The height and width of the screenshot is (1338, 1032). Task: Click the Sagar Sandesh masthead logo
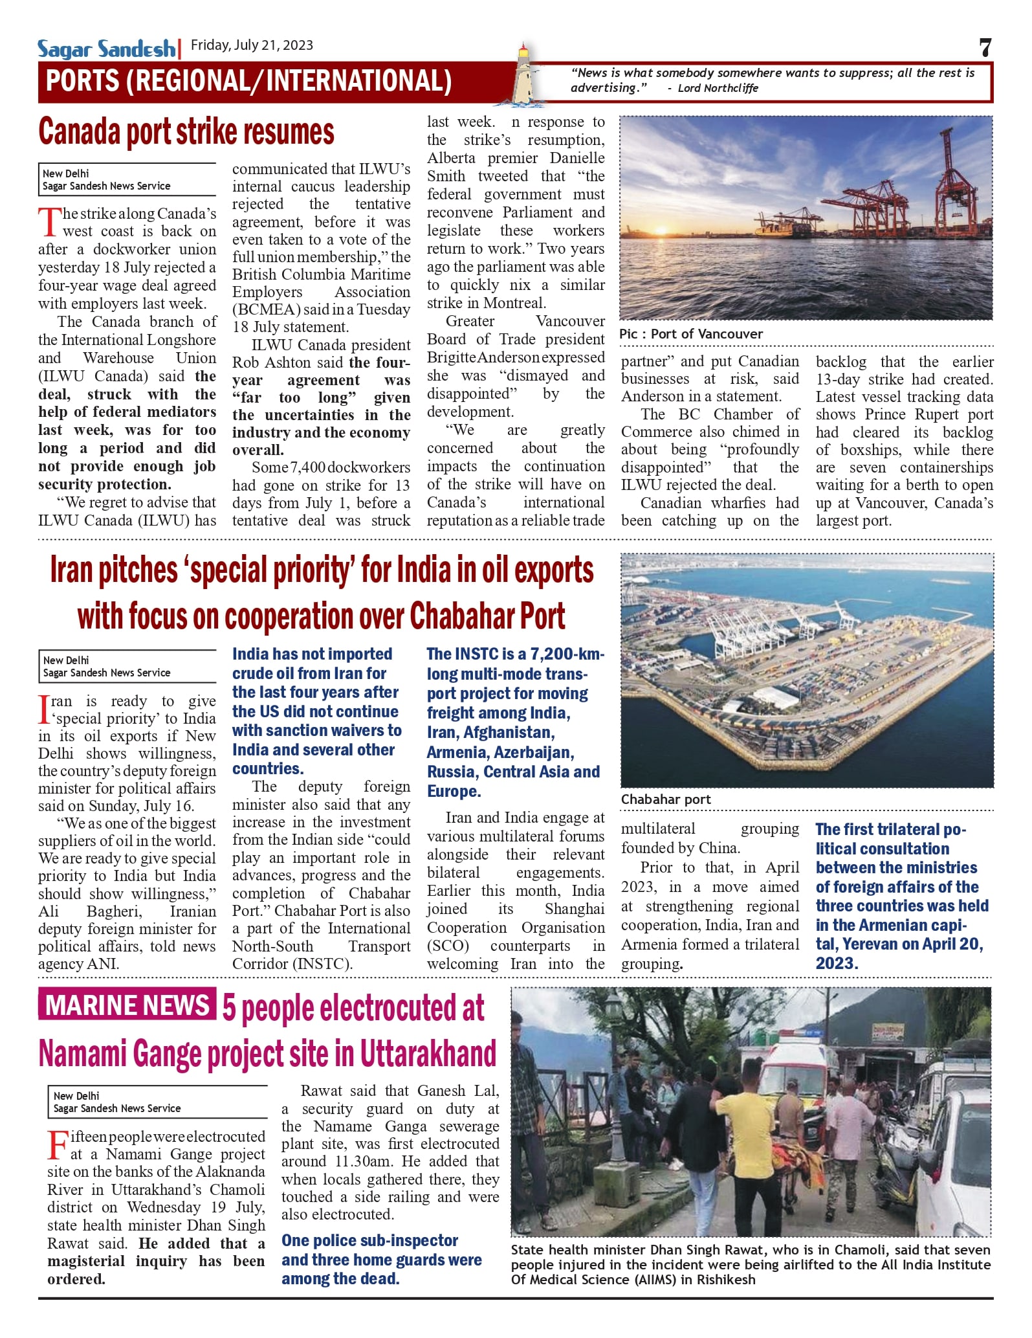[x=105, y=49]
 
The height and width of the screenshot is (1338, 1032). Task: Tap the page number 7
[x=985, y=47]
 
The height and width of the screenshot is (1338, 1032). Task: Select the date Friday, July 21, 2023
[x=252, y=45]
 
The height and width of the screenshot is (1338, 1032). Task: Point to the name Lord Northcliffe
[x=718, y=89]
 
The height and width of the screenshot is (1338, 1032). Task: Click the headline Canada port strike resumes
[x=186, y=132]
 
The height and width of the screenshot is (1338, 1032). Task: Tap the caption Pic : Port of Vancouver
[x=690, y=334]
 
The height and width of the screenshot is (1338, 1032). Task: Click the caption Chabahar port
[x=665, y=799]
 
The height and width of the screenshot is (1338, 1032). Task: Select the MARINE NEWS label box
[x=127, y=1005]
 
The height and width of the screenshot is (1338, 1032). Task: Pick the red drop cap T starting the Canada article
[x=49, y=222]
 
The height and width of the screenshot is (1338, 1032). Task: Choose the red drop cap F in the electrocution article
[x=58, y=1145]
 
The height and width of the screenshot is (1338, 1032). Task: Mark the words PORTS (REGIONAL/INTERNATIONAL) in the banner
[x=249, y=82]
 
